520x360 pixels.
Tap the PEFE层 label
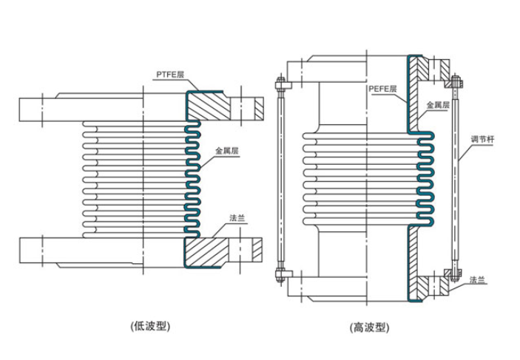point(382,88)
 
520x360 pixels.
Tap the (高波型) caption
point(369,326)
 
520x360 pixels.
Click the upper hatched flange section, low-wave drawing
point(210,107)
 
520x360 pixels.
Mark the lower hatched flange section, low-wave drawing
point(209,252)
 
